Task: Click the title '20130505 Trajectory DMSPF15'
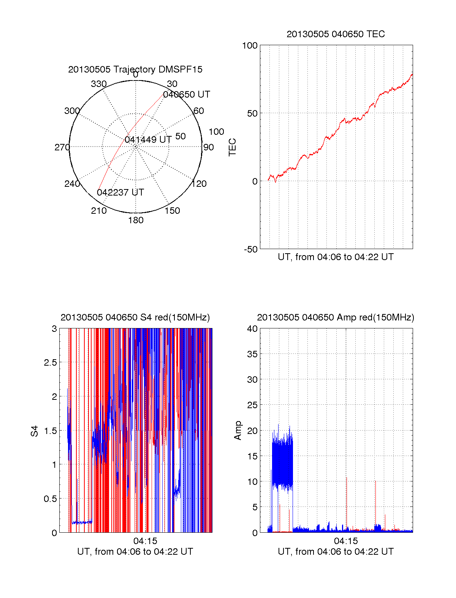(135, 69)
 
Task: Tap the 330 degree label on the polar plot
(99, 84)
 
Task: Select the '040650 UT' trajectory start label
(186, 95)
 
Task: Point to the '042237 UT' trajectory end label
(120, 192)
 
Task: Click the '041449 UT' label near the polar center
(148, 140)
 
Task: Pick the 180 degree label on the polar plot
(136, 220)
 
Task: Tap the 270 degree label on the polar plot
(62, 147)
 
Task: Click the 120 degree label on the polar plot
(199, 184)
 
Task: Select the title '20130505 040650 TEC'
(336, 34)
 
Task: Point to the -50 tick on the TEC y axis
(251, 249)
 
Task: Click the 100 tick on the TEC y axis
(250, 46)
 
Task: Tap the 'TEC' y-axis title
(232, 147)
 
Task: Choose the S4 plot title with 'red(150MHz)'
(135, 317)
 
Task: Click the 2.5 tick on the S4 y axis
(51, 363)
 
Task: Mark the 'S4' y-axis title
(35, 431)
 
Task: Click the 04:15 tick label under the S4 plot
(145, 541)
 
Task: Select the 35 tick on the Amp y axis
(252, 354)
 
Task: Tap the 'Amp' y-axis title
(238, 431)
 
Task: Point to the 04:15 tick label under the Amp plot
(346, 541)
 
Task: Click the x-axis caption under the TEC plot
(336, 257)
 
